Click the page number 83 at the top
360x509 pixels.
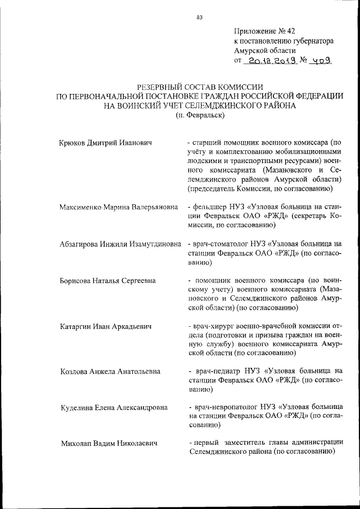pos(199,17)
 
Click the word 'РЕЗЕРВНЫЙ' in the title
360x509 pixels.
pos(162,87)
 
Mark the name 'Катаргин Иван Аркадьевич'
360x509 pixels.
pos(105,326)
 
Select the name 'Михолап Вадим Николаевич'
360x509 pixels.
pos(108,443)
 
